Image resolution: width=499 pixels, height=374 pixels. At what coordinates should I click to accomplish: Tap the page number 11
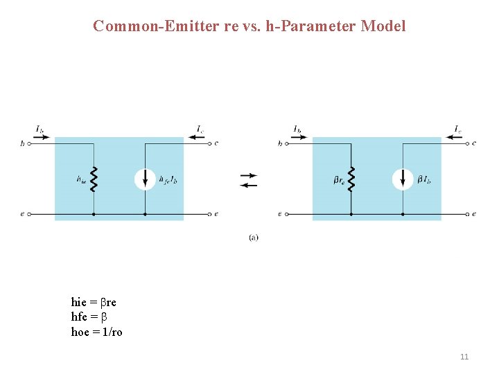pyautogui.click(x=464, y=357)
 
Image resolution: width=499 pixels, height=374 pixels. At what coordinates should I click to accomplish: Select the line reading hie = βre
pyautogui.click(x=94, y=302)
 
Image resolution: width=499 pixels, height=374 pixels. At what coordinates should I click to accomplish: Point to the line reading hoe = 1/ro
pyautogui.click(x=96, y=332)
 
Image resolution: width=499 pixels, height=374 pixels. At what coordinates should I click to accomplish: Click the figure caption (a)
pyautogui.click(x=254, y=238)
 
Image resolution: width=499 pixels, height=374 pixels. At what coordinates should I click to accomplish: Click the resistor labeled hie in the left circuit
pyautogui.click(x=93, y=179)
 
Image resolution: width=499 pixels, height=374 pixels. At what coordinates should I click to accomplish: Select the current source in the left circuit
pyautogui.click(x=145, y=179)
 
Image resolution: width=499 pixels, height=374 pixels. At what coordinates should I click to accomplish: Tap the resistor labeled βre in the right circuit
pyautogui.click(x=351, y=179)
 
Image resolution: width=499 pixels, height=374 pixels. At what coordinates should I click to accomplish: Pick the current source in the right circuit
pyautogui.click(x=403, y=179)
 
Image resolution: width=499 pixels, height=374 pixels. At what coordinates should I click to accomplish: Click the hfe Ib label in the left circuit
pyautogui.click(x=168, y=180)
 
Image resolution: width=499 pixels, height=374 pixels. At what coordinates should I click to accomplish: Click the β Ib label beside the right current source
pyautogui.click(x=424, y=180)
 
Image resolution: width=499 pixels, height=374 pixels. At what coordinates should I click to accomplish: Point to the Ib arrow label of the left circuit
pyautogui.click(x=40, y=129)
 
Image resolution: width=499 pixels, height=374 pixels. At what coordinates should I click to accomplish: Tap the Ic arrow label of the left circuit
pyautogui.click(x=200, y=129)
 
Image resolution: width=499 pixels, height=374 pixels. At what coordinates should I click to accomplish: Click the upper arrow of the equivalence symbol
pyautogui.click(x=249, y=175)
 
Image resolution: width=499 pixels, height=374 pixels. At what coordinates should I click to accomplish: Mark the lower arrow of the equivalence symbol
pyautogui.click(x=249, y=185)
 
